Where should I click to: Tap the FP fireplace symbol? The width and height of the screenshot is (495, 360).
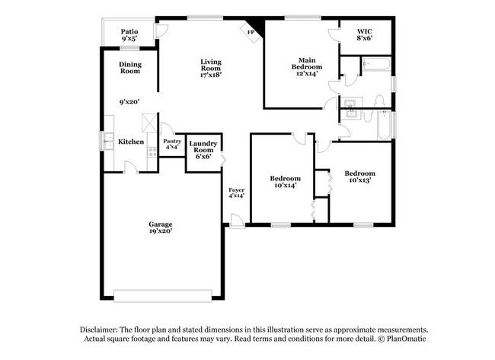point(251,31)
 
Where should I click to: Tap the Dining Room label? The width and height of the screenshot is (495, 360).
point(129,68)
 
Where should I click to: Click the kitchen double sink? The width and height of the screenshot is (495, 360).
point(108,142)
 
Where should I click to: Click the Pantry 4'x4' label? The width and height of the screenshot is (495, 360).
point(171,145)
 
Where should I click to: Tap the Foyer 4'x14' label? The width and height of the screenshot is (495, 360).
point(236,193)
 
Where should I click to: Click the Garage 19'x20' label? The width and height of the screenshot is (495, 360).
point(160,228)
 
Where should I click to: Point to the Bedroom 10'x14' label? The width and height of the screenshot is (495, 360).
point(283,181)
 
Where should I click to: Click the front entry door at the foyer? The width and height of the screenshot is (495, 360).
point(238,221)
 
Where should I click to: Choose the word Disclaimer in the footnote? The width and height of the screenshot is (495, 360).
point(102,330)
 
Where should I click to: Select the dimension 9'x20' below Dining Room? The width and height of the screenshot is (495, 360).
point(129,101)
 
